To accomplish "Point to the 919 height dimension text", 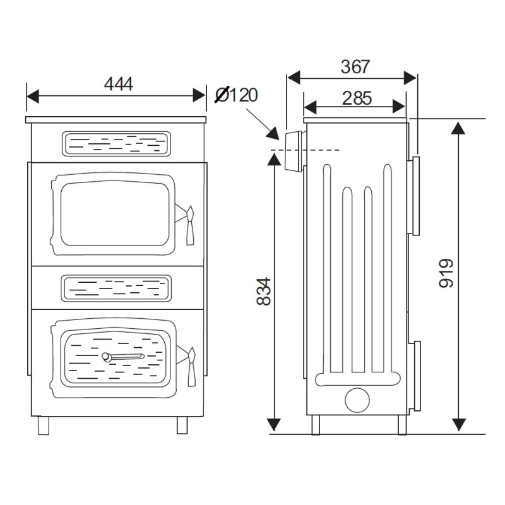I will [x=446, y=273].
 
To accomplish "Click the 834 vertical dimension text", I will [x=264, y=291].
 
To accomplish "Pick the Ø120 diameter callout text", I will [x=237, y=95].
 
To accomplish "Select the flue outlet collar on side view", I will [x=293, y=151].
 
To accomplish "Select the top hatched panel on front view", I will [x=116, y=143].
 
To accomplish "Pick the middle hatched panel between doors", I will [x=116, y=287].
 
